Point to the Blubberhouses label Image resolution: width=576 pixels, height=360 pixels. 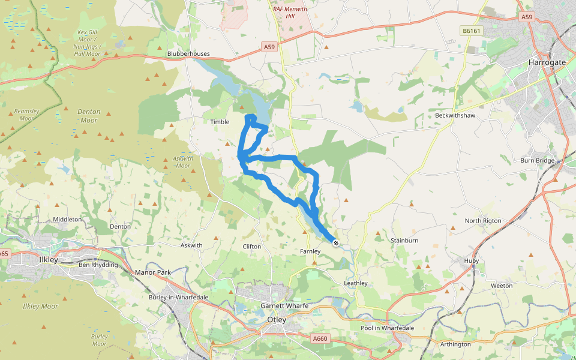coord(188,53)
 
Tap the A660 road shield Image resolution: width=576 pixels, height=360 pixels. coord(320,339)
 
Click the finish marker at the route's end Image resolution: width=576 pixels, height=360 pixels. coord(336,243)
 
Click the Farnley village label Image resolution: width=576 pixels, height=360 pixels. coord(310,251)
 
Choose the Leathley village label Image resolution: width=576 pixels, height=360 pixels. coord(355,283)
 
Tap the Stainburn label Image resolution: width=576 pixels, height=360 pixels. coord(404,240)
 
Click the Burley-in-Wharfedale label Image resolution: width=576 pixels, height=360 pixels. coord(178,297)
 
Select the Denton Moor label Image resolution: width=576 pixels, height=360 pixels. coord(89,116)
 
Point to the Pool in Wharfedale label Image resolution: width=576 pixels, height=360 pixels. coord(387,328)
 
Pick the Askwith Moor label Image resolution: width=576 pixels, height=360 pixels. coord(182,162)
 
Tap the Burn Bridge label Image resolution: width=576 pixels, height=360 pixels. coord(537,160)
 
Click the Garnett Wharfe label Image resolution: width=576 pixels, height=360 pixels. coord(284,306)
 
